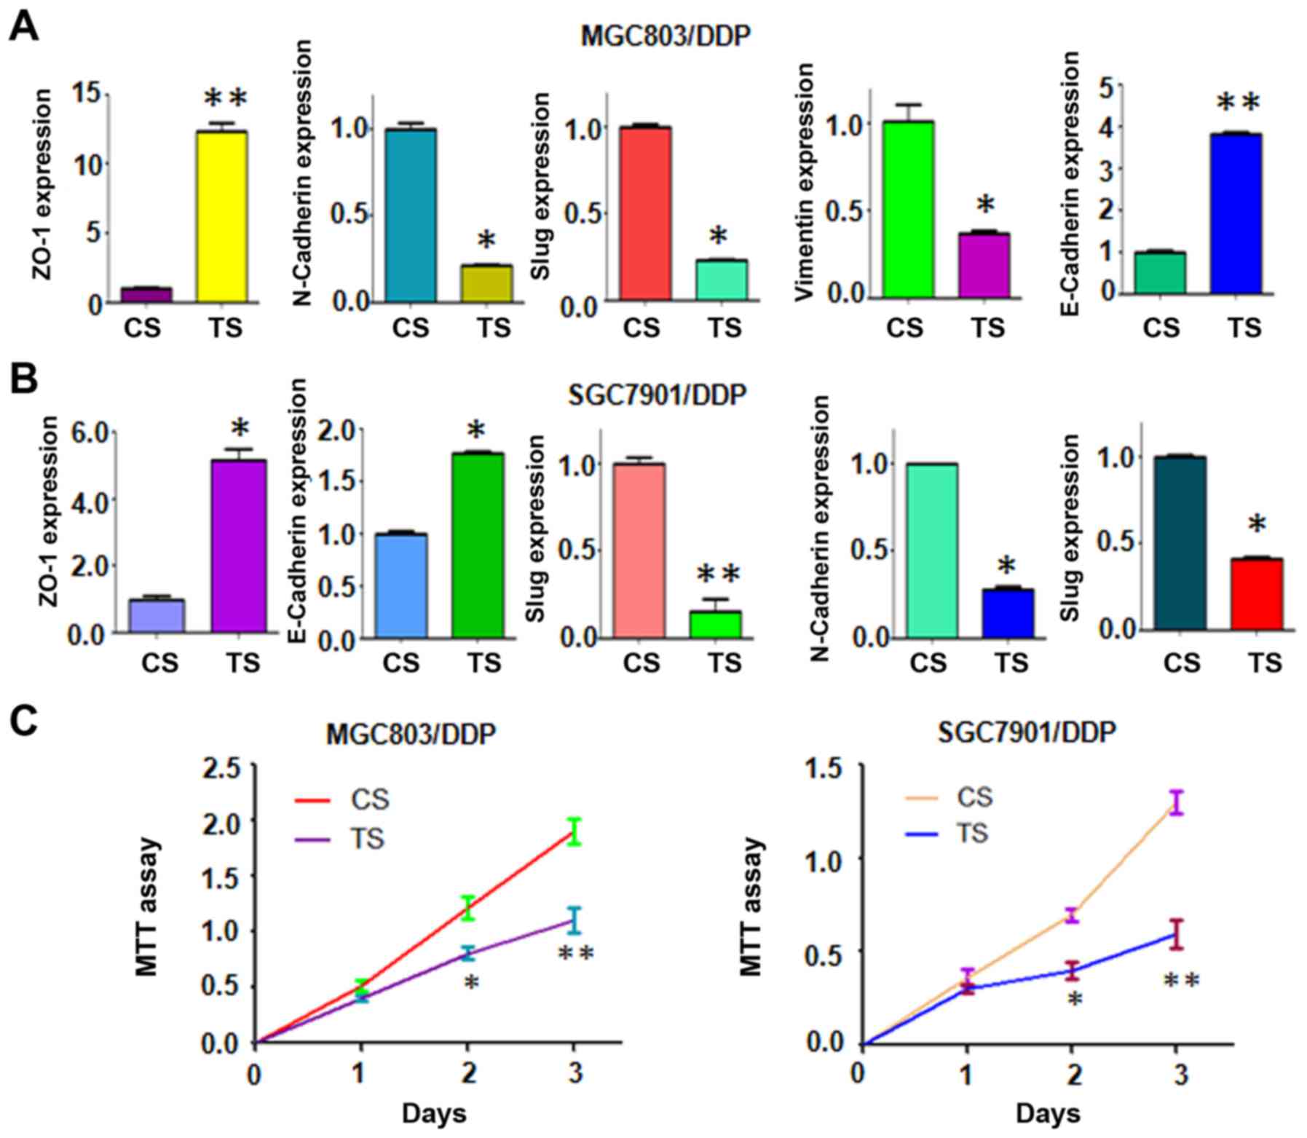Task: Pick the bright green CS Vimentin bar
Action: [x=907, y=209]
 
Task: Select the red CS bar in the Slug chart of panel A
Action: [x=645, y=213]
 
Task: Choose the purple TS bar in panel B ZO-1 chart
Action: [x=239, y=546]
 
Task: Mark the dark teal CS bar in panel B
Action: [x=1180, y=542]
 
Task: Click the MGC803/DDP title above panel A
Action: [x=665, y=36]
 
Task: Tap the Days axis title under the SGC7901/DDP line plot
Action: [x=1048, y=1113]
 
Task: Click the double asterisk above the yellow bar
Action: [x=226, y=98]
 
